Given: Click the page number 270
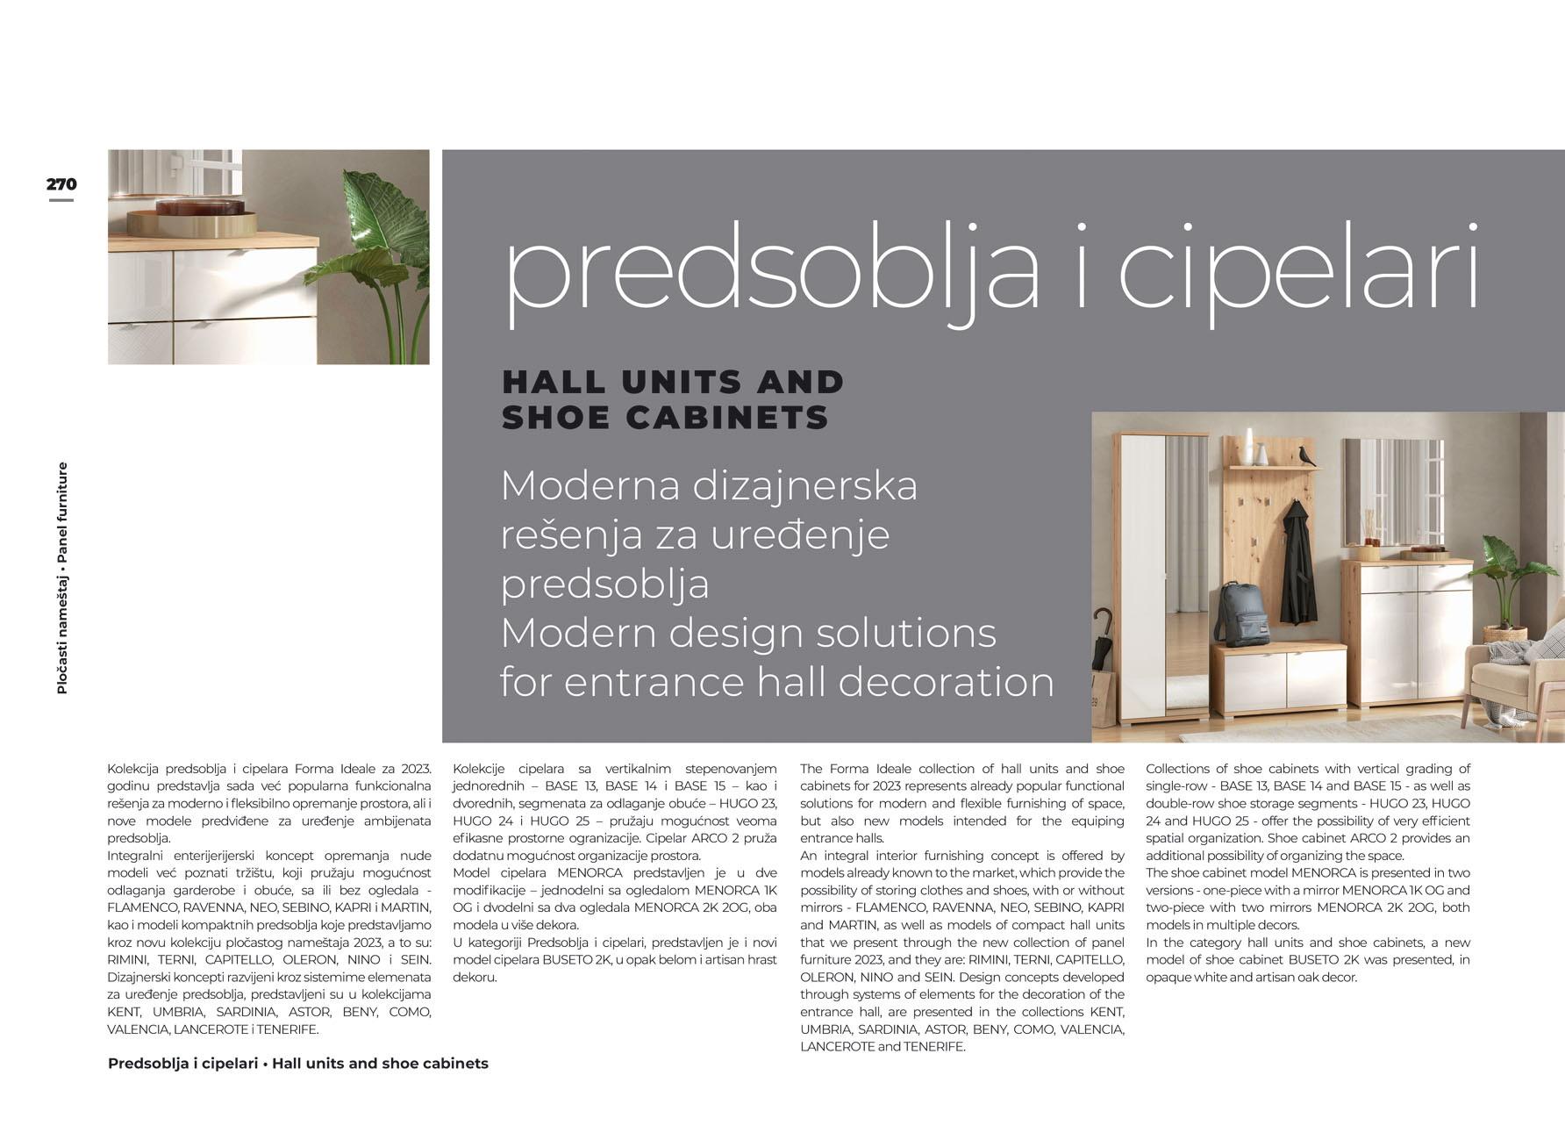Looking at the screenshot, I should (61, 184).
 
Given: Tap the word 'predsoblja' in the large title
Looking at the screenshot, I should (772, 268).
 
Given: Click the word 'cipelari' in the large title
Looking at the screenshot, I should (1298, 268).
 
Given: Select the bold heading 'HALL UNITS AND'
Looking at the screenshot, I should (673, 383).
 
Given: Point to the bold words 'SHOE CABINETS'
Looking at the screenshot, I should (665, 418).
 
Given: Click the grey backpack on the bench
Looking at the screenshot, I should (1240, 611).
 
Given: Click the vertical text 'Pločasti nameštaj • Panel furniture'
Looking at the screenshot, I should (62, 578).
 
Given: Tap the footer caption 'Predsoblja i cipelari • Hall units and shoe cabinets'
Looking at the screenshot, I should (297, 1064).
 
